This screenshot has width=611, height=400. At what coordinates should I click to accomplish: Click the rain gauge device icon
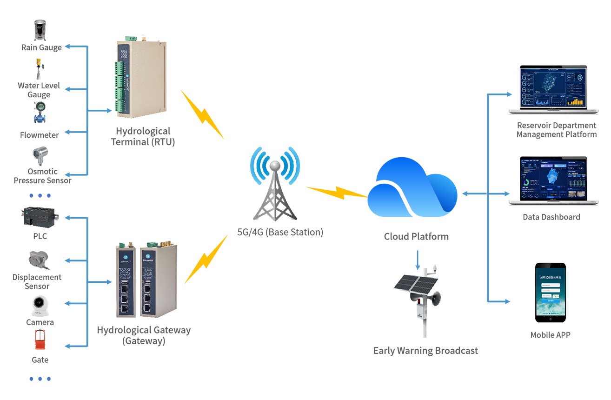[41, 30]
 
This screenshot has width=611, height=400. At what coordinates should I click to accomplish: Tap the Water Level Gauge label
[39, 90]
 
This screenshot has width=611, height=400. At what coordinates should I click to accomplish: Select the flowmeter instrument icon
[41, 113]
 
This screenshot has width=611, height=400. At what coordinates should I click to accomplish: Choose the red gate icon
[40, 340]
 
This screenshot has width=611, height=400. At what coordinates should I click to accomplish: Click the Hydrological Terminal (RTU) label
[143, 136]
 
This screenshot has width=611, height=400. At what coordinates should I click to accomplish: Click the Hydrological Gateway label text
[144, 335]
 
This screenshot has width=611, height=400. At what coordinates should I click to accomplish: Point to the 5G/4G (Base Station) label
[279, 232]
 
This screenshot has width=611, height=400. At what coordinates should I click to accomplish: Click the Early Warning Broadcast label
[425, 351]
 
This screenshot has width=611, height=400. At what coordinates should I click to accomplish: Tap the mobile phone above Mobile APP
[550, 292]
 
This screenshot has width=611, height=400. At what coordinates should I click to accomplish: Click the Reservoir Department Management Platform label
[556, 130]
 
